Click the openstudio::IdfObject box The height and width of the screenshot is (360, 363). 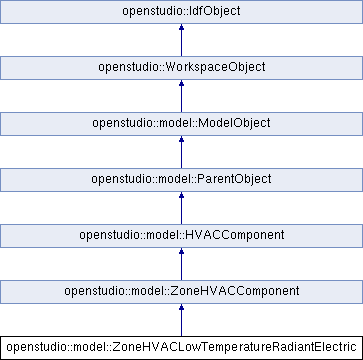(x=181, y=12)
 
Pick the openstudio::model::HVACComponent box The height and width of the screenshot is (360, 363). (x=181, y=236)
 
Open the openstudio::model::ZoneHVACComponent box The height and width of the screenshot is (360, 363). (x=181, y=292)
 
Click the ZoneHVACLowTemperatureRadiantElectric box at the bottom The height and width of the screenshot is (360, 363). (x=181, y=348)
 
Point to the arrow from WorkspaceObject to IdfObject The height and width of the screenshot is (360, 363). (x=181, y=40)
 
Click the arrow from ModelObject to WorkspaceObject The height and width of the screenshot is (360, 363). (x=181, y=96)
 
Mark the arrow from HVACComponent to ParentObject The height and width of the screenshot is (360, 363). (x=181, y=208)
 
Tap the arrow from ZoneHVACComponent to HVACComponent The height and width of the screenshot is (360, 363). (x=181, y=264)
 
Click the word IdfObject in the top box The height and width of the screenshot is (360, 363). (x=210, y=12)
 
